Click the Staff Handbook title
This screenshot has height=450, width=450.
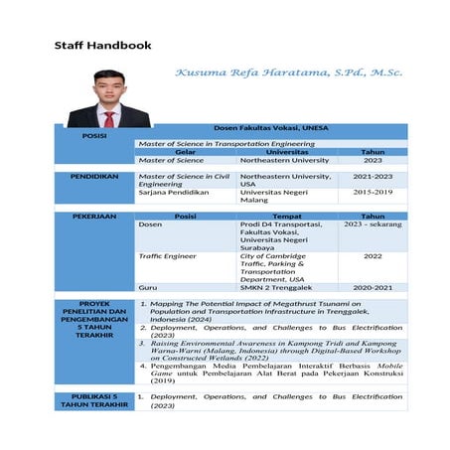(102, 45)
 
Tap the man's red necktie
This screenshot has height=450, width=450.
(109, 117)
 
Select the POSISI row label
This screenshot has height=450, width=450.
(94, 135)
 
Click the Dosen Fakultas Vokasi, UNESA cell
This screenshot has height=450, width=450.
(271, 129)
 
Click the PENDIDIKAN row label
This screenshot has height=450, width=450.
(94, 176)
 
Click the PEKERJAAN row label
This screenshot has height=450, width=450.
(94, 216)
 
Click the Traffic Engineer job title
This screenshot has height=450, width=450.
(168, 256)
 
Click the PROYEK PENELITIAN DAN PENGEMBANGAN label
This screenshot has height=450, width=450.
(94, 320)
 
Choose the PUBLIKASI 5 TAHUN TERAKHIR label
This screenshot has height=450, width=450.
(94, 400)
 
